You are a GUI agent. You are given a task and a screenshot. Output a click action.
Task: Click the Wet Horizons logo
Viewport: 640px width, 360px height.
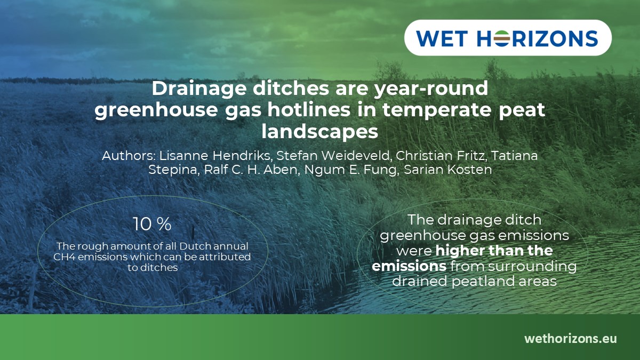point(507,38)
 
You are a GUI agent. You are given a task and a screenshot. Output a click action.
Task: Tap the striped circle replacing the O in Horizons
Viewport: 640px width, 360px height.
point(500,38)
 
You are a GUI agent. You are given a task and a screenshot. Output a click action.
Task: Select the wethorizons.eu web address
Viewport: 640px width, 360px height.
point(570,338)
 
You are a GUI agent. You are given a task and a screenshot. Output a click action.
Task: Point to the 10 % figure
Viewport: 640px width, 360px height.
point(152,225)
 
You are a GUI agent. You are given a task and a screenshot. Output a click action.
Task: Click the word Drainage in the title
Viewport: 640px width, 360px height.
point(198,89)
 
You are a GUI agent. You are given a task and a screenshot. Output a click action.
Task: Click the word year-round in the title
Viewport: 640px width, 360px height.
point(436,89)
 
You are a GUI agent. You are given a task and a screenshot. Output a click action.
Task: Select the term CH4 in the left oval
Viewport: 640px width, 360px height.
point(67,257)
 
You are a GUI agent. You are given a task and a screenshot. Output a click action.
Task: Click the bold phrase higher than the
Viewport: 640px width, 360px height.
point(494,250)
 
